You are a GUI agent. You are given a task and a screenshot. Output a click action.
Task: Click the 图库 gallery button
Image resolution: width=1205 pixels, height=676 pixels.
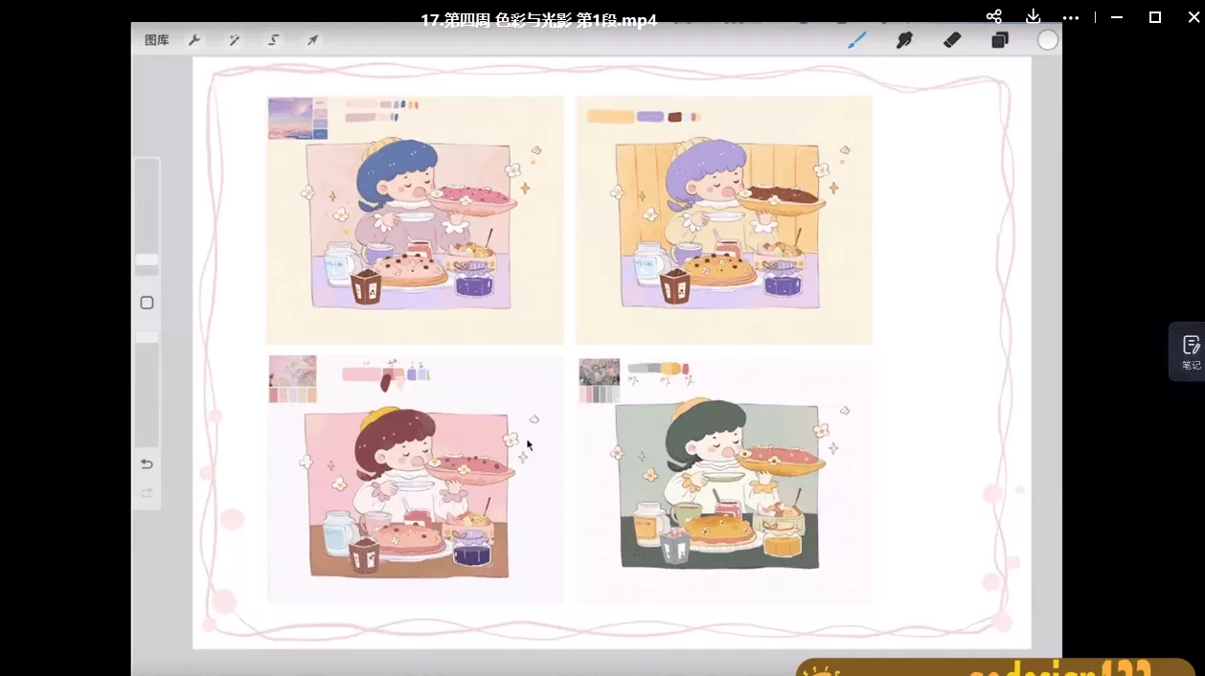pos(156,40)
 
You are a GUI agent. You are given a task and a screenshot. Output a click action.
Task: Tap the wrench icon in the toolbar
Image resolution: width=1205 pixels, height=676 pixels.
pos(193,40)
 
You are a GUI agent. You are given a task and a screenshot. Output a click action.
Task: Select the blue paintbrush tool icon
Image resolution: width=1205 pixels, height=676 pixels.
pos(856,40)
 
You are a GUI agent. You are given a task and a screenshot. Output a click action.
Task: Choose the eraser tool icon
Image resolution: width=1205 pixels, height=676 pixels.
pos(951,40)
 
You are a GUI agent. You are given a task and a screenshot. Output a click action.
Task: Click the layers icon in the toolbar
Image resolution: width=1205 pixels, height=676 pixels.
pos(999,40)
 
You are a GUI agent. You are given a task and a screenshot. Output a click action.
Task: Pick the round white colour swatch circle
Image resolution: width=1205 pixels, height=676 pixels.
pos(1048,40)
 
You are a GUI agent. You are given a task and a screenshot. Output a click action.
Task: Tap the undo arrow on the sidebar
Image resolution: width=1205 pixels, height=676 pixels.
pos(147,464)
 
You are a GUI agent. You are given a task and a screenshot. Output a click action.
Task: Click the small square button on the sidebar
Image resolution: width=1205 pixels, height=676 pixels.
pos(147,303)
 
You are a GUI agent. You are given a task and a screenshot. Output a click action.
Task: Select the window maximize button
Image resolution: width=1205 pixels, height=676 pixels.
pos(1155,17)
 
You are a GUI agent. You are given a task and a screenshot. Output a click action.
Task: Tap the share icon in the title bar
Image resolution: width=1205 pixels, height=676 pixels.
pos(993,17)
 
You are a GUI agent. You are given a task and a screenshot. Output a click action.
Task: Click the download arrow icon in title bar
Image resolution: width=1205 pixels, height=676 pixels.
pos(1033,17)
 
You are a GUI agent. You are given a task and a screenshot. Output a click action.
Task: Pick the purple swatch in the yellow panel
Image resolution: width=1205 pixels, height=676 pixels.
pos(650,117)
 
